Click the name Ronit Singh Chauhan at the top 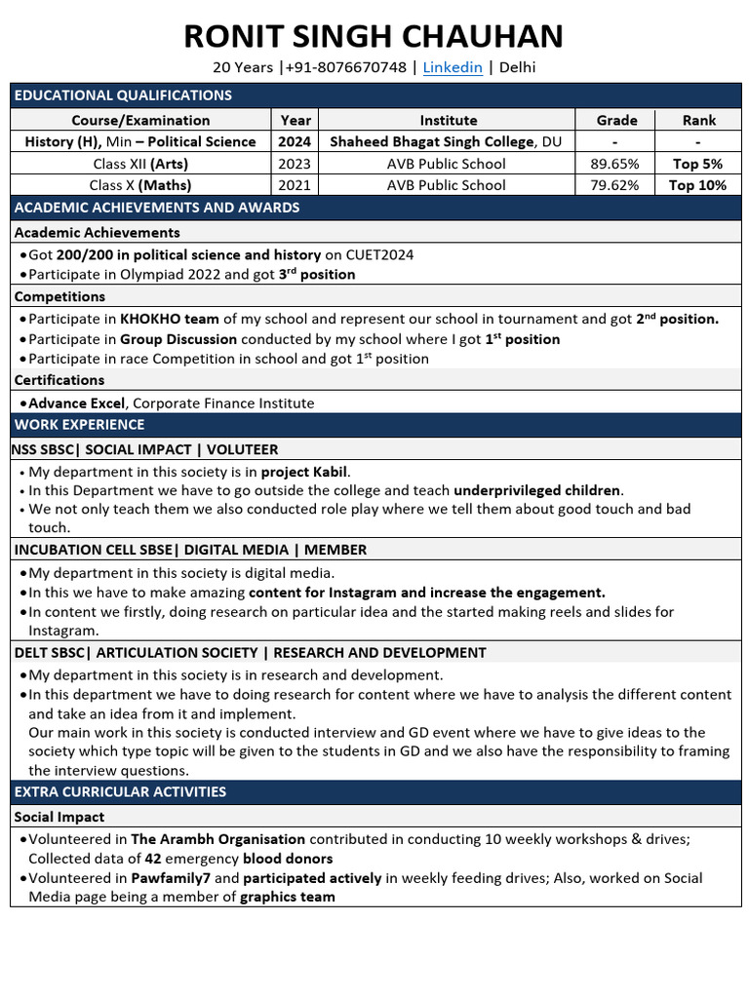[x=374, y=36]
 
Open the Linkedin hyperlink [x=453, y=67]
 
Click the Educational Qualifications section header [x=123, y=96]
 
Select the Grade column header [x=616, y=120]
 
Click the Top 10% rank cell [x=697, y=185]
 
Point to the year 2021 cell [x=296, y=185]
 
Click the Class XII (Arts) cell [x=140, y=164]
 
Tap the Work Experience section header [x=79, y=425]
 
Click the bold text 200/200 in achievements [x=83, y=254]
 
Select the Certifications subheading [x=59, y=380]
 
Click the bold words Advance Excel [x=77, y=403]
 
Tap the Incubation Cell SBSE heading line [x=190, y=550]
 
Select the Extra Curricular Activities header [x=120, y=792]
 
